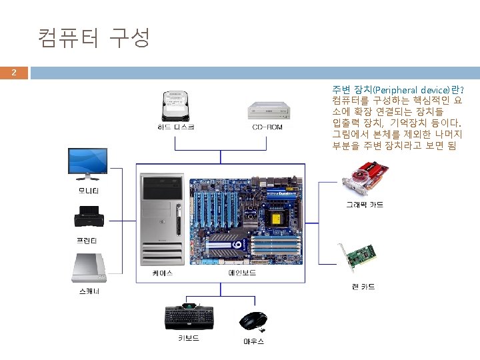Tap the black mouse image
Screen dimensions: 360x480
253,321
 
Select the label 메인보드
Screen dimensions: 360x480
242,273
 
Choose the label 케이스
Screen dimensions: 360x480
162,273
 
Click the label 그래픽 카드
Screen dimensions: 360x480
364,205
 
